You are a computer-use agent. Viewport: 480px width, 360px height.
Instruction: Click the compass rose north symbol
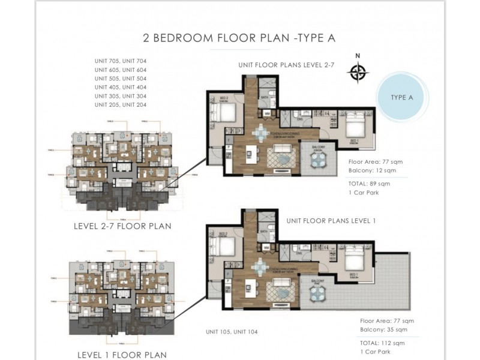tap(358, 72)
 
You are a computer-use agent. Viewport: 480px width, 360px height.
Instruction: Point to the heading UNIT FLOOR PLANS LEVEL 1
tap(331, 221)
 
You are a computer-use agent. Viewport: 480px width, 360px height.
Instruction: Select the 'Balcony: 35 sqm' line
tap(383, 329)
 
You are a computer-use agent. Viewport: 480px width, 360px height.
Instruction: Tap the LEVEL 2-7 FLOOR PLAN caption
tap(122, 226)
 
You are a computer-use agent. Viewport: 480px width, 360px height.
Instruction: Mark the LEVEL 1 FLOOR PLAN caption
tap(122, 355)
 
